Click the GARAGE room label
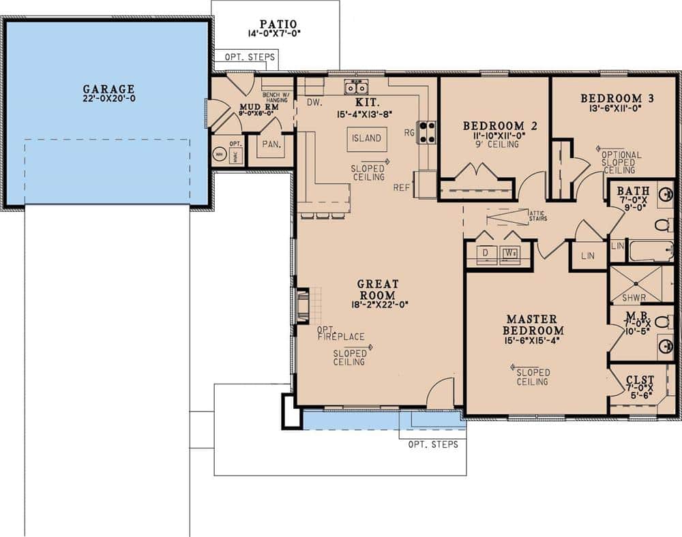tap(108, 89)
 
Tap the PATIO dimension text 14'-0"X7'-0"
tap(275, 32)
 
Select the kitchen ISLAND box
tap(366, 138)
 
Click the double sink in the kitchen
tap(356, 87)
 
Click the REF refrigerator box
tap(426, 183)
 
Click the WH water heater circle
tap(219, 154)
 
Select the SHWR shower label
tap(634, 298)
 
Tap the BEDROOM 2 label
tap(494, 126)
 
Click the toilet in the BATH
tap(662, 224)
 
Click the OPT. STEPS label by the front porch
tap(432, 444)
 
